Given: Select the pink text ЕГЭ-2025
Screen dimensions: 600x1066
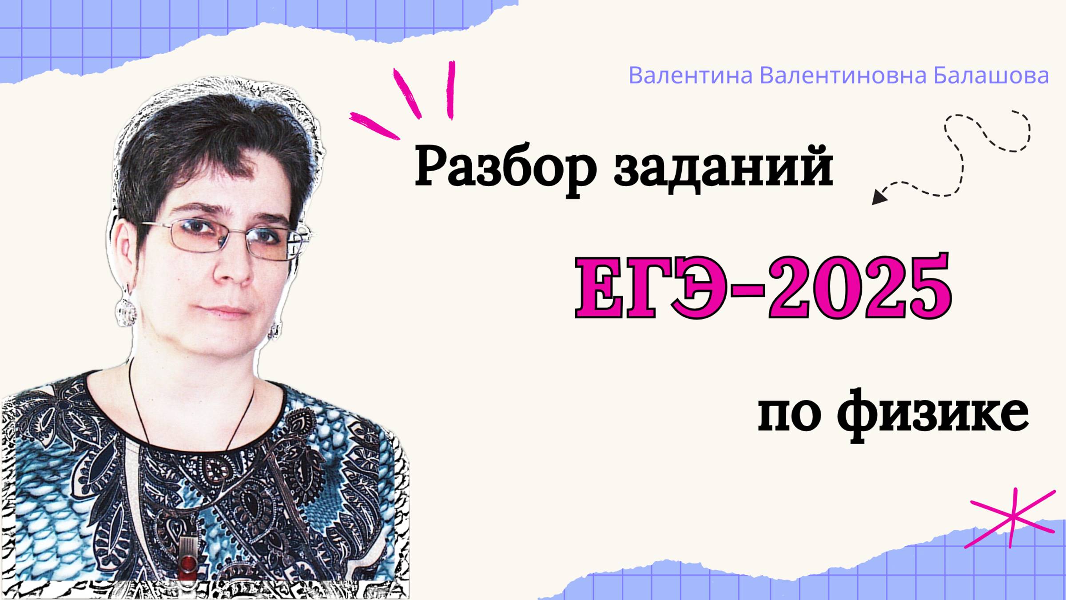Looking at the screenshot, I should click(763, 287).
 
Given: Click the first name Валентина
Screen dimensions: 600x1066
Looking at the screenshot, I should click(690, 76).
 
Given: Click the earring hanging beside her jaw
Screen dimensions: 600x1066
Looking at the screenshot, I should click(274, 330).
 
